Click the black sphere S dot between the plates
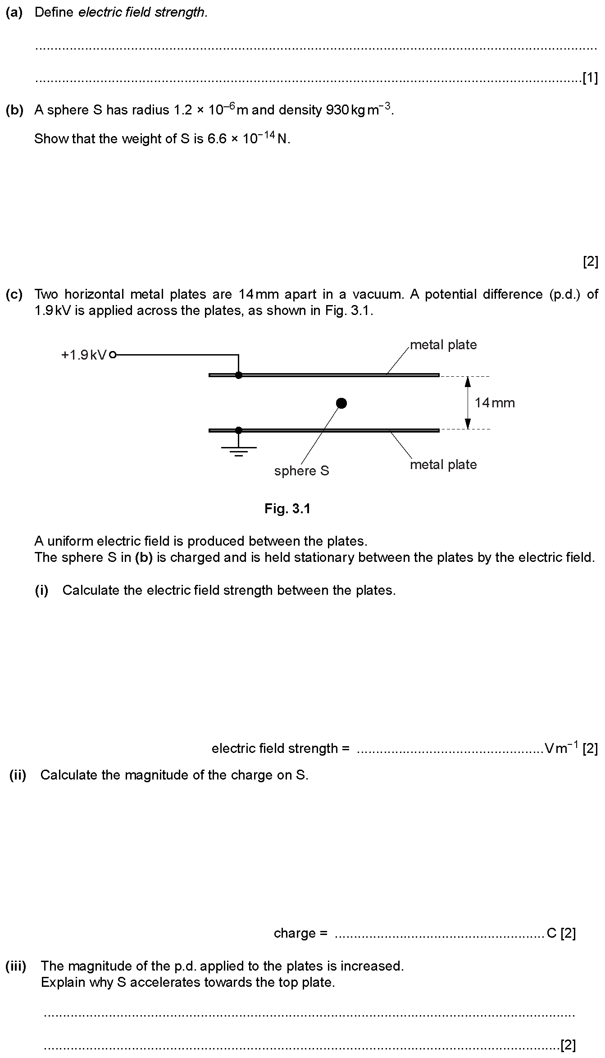click(341, 403)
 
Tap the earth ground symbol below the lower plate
click(239, 451)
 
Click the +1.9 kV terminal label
click(84, 355)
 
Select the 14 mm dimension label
click(494, 402)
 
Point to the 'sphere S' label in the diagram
click(302, 471)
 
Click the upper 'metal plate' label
click(443, 345)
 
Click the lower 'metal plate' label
click(443, 465)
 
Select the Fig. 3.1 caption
click(287, 509)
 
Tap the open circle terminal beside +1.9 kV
click(113, 355)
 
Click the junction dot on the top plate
click(239, 375)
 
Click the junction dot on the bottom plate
click(239, 430)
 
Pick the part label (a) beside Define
click(14, 12)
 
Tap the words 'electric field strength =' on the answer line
click(280, 748)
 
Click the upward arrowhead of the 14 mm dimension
click(468, 382)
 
